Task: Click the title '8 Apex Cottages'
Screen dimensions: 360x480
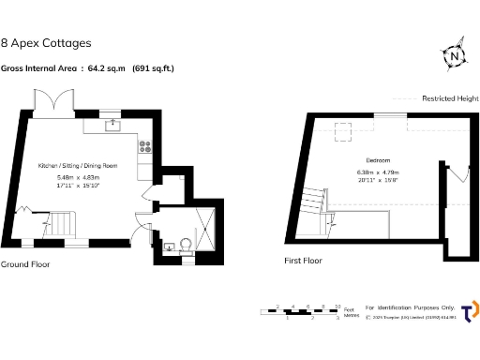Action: click(46, 43)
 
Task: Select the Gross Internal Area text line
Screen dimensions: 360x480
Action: click(87, 68)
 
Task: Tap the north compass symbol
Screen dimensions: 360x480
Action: click(454, 57)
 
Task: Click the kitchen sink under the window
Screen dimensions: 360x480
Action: click(113, 125)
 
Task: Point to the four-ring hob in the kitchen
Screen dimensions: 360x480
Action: click(145, 145)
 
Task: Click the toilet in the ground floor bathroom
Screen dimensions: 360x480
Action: click(185, 246)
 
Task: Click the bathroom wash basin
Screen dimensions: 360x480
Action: click(169, 247)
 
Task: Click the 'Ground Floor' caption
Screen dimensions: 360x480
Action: click(25, 264)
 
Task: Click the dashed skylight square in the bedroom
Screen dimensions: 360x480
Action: click(344, 129)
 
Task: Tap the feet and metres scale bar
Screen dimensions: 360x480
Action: click(300, 311)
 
